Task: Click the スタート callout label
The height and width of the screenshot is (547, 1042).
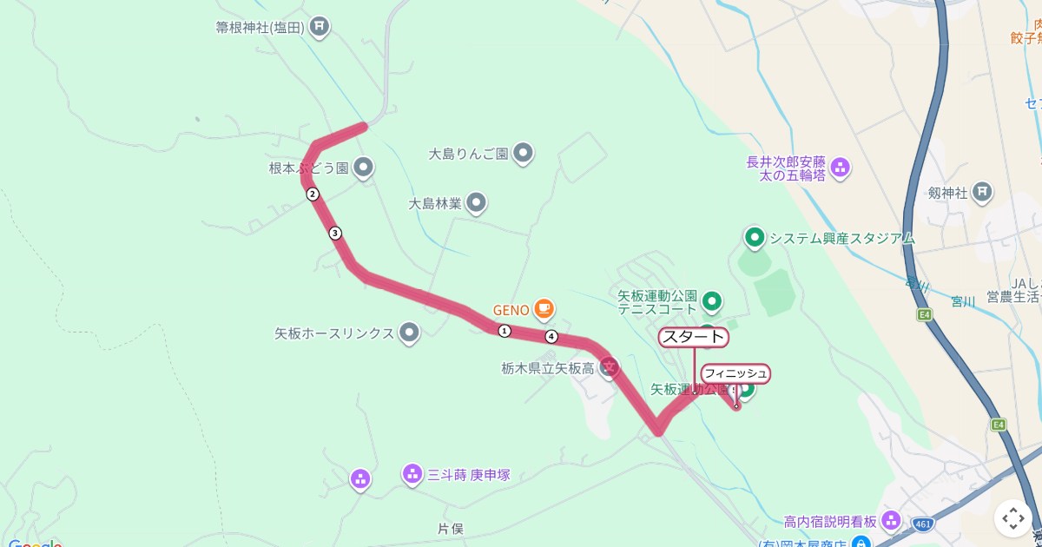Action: pyautogui.click(x=693, y=337)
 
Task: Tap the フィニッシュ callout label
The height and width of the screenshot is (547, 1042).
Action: pyautogui.click(x=735, y=373)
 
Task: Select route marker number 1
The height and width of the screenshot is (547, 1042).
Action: pyautogui.click(x=505, y=330)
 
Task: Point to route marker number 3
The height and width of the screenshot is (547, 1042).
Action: pyautogui.click(x=335, y=233)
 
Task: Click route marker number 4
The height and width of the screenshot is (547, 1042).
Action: pyautogui.click(x=551, y=336)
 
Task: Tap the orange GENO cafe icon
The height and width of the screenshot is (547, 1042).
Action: pyautogui.click(x=544, y=308)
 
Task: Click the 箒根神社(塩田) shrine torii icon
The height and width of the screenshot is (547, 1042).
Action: pyautogui.click(x=320, y=27)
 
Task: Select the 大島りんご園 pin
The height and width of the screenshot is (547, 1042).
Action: pyautogui.click(x=523, y=154)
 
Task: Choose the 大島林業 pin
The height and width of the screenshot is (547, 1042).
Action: pyautogui.click(x=476, y=203)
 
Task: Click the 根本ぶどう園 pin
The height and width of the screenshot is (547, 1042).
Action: pyautogui.click(x=364, y=167)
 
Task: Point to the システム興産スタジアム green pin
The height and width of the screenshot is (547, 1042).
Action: pyautogui.click(x=754, y=237)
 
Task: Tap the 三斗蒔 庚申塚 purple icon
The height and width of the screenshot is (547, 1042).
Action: pyautogui.click(x=412, y=474)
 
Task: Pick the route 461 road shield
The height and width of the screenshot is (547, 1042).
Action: pyautogui.click(x=923, y=524)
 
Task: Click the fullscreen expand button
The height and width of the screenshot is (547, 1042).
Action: pyautogui.click(x=1013, y=518)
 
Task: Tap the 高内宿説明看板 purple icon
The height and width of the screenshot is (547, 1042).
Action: pyautogui.click(x=891, y=521)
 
